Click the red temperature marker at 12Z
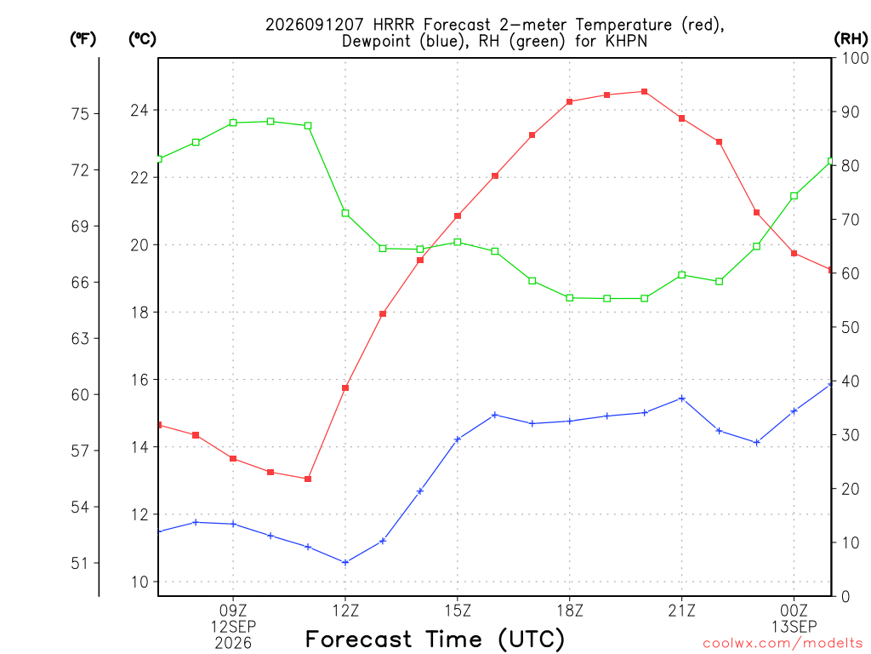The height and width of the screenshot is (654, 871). [345, 387]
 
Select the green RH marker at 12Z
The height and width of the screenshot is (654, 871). [345, 213]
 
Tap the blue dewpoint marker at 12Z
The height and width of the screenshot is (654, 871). [345, 563]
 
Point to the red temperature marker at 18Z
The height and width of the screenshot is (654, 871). [569, 102]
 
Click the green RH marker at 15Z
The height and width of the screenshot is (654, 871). [458, 242]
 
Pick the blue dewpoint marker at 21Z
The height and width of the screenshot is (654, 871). [681, 399]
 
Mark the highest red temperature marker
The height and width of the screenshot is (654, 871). [645, 92]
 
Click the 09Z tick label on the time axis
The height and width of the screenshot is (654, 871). [233, 611]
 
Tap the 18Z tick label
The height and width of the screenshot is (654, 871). [569, 611]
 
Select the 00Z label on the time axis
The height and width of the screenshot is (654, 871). [794, 611]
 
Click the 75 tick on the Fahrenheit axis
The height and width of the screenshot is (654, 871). [80, 114]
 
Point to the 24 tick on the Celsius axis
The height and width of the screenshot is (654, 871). [139, 110]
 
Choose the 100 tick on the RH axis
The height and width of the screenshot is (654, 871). [855, 58]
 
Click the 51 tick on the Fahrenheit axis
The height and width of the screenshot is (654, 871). [80, 564]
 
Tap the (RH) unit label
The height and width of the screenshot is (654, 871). [851, 38]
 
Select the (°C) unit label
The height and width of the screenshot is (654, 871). [142, 38]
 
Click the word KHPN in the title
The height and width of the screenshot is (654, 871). [626, 41]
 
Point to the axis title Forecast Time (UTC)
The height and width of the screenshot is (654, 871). [435, 639]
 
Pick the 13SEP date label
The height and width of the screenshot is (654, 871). [794, 627]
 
